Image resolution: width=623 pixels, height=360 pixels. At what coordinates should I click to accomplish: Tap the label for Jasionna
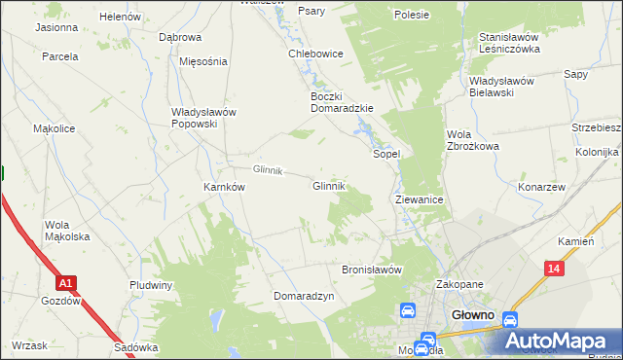(56, 27)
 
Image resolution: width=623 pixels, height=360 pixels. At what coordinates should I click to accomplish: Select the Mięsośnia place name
(203, 61)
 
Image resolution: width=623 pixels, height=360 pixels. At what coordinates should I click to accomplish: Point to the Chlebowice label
(315, 54)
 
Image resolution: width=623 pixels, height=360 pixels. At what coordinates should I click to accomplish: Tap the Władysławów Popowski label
(204, 118)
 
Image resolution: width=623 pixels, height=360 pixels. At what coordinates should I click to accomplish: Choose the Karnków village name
(223, 187)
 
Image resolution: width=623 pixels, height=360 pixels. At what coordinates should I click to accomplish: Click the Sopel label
(387, 154)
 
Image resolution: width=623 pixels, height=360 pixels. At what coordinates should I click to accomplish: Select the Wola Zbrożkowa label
(472, 140)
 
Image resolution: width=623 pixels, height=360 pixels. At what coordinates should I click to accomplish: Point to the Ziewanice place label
(420, 199)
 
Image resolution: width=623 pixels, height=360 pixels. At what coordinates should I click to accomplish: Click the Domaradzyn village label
(304, 296)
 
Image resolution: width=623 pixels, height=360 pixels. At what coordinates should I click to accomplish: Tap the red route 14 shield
(554, 268)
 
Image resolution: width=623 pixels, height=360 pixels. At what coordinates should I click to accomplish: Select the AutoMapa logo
(561, 342)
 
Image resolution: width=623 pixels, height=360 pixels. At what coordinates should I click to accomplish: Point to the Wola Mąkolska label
(67, 231)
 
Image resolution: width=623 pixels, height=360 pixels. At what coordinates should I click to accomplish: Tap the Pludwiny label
(151, 285)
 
